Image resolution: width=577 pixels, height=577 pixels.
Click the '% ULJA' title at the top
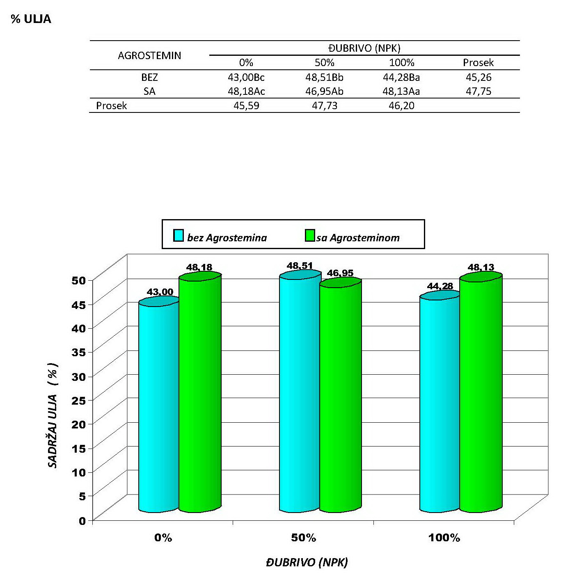click(x=31, y=19)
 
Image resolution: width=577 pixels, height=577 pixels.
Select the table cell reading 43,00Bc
click(x=246, y=77)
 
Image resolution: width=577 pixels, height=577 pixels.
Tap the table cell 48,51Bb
click(x=324, y=77)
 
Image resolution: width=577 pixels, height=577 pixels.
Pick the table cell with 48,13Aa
click(x=401, y=91)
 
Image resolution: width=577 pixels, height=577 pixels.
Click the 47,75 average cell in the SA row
click(x=478, y=91)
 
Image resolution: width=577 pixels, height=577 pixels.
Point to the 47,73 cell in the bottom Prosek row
click(x=324, y=105)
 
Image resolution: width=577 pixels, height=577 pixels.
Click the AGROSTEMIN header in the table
click(x=149, y=55)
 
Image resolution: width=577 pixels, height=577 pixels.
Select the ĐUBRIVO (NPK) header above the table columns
click(x=364, y=48)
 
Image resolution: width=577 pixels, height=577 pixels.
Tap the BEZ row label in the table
click(x=149, y=77)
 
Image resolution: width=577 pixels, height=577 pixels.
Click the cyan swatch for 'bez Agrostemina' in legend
click(x=179, y=236)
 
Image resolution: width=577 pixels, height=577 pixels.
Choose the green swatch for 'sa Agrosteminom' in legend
click(x=310, y=236)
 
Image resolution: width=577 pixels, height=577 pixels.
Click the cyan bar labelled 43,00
click(x=159, y=406)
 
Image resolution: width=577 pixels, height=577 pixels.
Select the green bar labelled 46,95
click(x=340, y=398)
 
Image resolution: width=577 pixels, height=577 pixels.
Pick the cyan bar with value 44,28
click(x=439, y=404)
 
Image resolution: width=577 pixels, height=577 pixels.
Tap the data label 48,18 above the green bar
click(x=199, y=267)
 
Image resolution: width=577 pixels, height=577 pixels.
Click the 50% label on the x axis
click(x=304, y=538)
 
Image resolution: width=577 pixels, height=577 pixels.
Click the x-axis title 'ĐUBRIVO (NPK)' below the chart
click(x=307, y=562)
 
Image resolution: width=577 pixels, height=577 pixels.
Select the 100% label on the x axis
click(x=444, y=538)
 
